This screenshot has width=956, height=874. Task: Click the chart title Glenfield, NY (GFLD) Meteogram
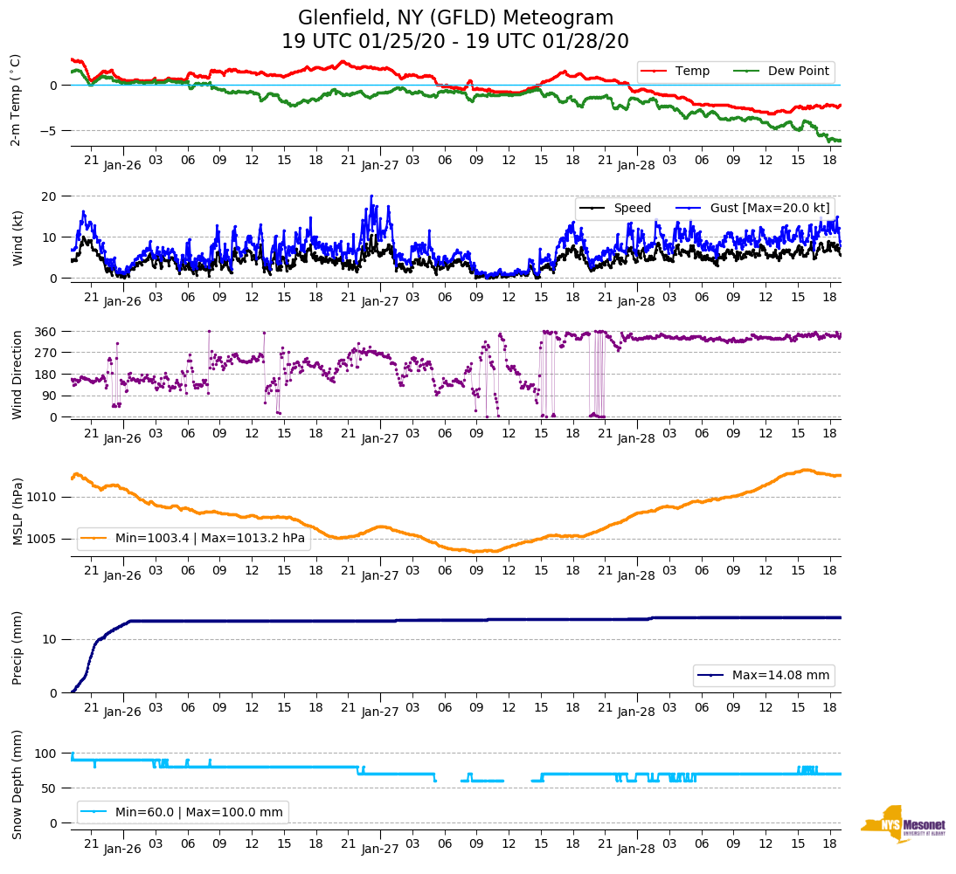coord(455,17)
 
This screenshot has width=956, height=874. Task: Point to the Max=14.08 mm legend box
coord(764,675)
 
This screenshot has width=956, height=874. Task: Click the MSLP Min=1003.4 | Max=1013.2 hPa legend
coord(194,539)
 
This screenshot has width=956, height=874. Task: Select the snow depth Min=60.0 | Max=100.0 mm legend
coord(183,812)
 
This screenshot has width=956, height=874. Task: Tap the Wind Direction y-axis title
coord(16,374)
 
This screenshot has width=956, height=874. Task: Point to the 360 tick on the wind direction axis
coord(46,332)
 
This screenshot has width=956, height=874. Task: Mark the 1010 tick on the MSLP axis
coord(44,497)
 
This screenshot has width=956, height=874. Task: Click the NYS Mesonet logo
coord(903,823)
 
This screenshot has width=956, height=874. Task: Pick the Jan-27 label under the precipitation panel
coord(380,712)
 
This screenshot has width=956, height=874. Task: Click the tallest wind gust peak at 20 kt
coord(371,196)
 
